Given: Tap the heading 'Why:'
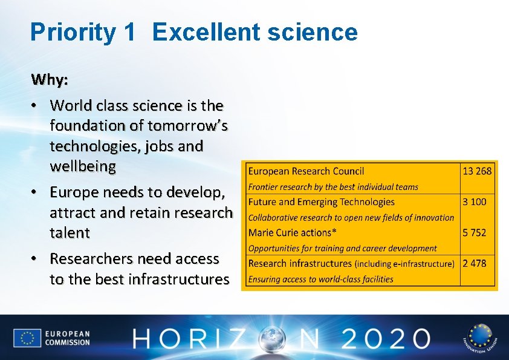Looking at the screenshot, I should click(50, 80).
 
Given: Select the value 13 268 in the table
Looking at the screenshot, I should click(477, 171).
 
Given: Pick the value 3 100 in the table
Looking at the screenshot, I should click(474, 202).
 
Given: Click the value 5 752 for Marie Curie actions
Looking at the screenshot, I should click(474, 232).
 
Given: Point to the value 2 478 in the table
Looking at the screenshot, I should click(474, 263).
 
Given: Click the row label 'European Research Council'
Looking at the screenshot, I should click(306, 171).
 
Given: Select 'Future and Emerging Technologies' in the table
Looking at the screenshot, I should click(321, 202).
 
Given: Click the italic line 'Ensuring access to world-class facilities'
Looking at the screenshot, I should click(320, 280).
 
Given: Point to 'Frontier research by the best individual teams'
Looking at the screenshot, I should click(333, 187).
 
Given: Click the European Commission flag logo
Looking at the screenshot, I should click(27, 338).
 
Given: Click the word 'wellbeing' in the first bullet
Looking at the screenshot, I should click(83, 167).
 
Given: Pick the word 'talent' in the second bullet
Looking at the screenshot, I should click(70, 233).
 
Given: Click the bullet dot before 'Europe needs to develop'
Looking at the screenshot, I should click(36, 193).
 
